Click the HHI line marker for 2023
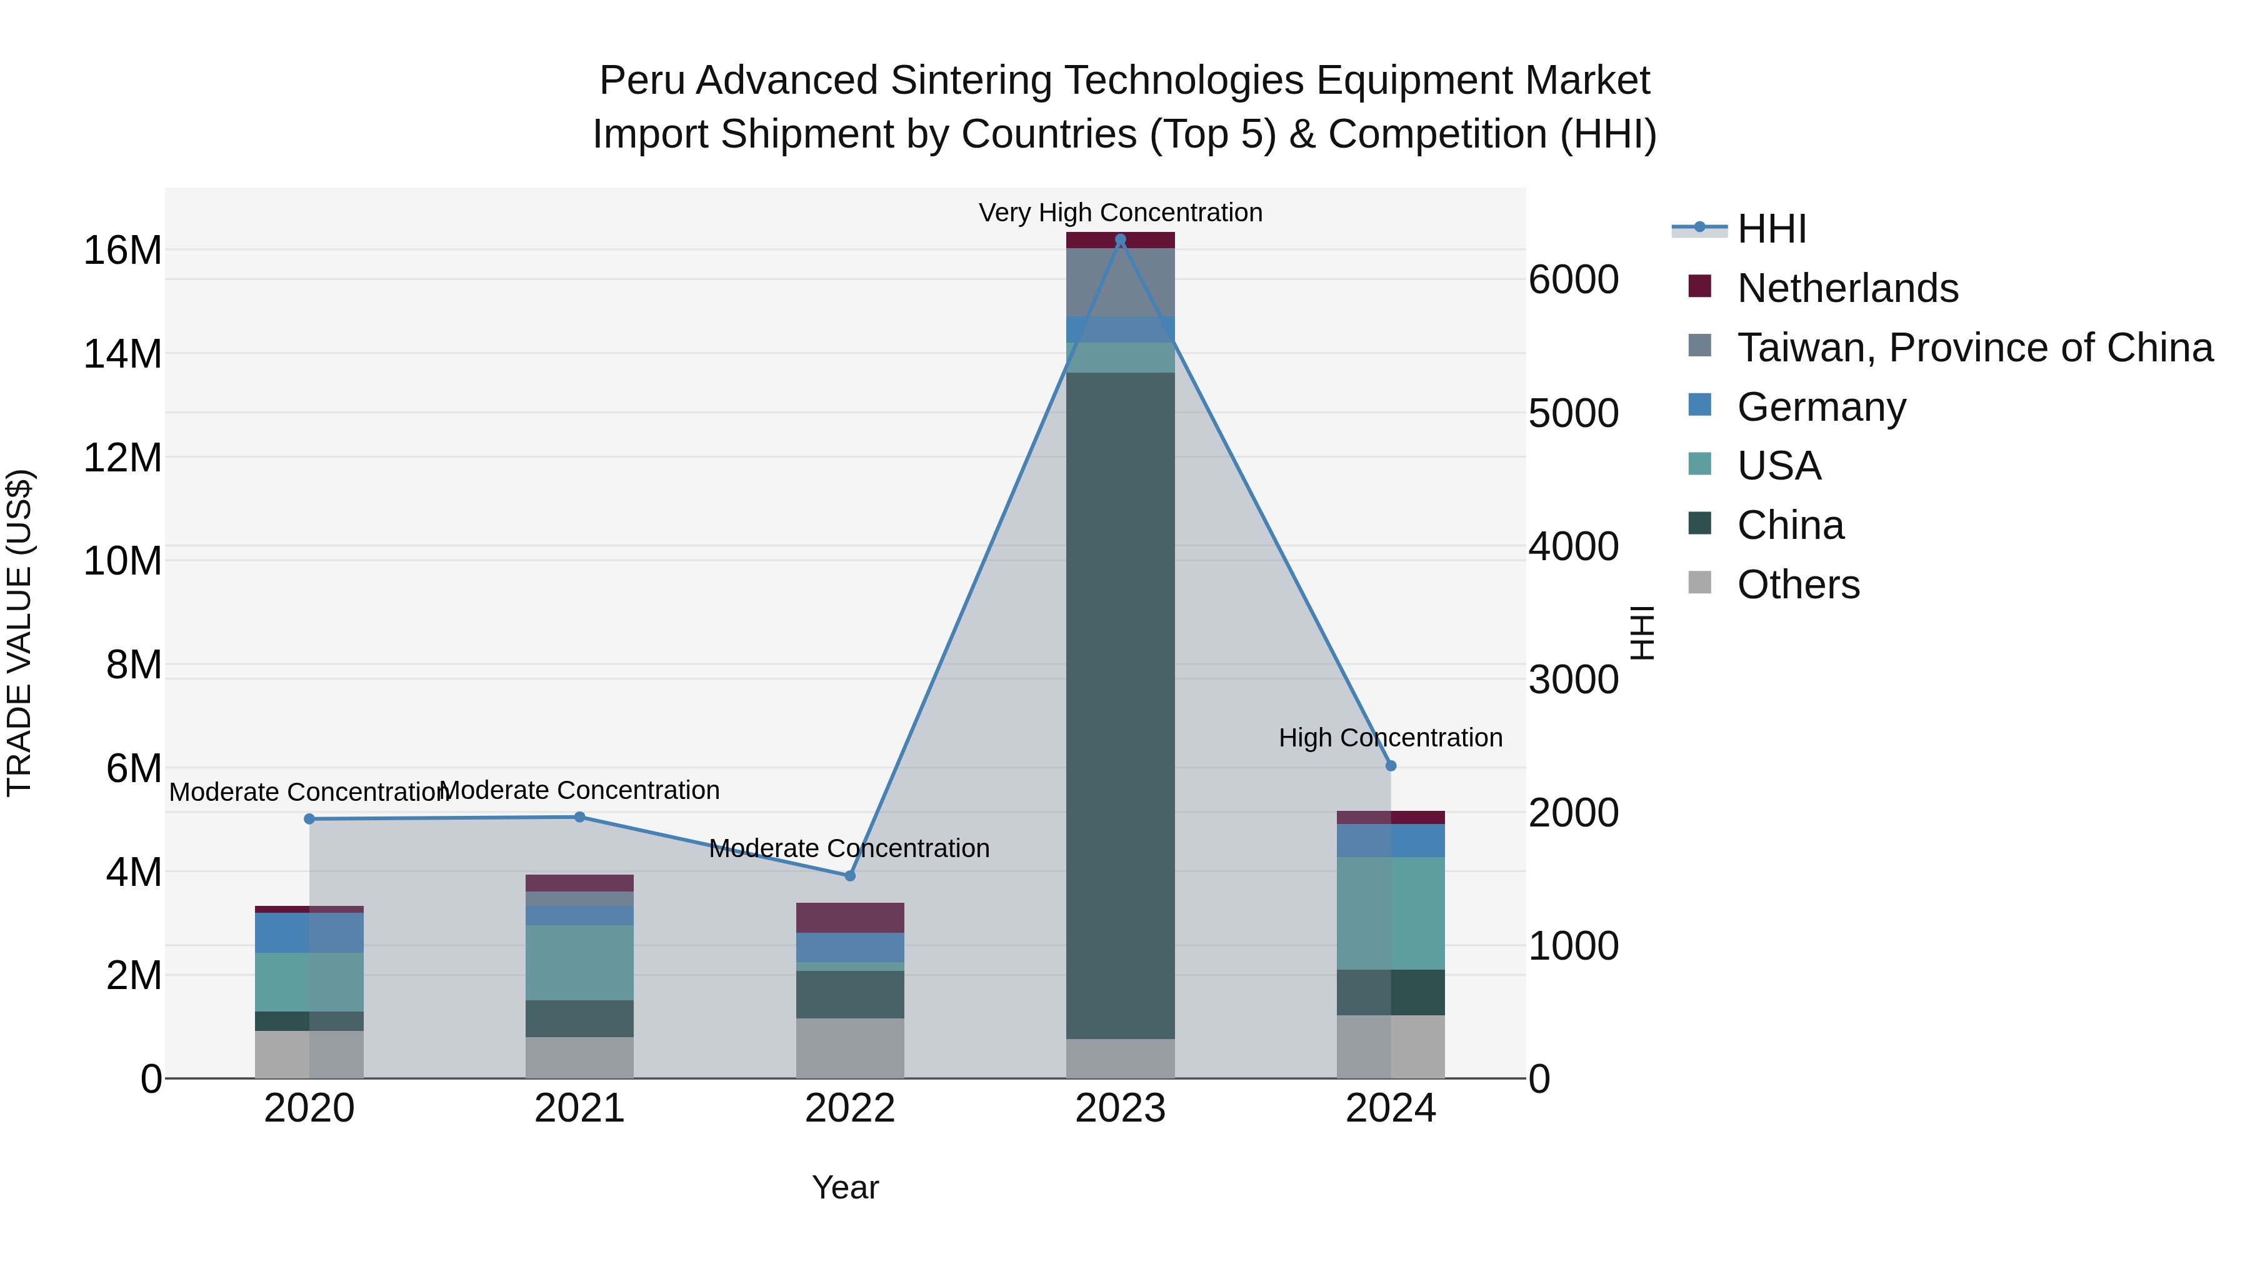pyautogui.click(x=1120, y=239)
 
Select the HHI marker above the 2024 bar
pyautogui.click(x=1391, y=765)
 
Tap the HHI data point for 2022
pyautogui.click(x=850, y=875)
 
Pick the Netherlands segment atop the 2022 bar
pyautogui.click(x=850, y=917)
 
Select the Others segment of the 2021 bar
pyautogui.click(x=579, y=1057)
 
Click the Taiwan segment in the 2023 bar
pyautogui.click(x=1120, y=282)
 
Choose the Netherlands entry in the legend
pyautogui.click(x=1847, y=288)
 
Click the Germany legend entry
pyautogui.click(x=1821, y=407)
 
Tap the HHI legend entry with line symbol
pyautogui.click(x=1771, y=229)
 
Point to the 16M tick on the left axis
pyautogui.click(x=122, y=251)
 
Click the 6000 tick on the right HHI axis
pyautogui.click(x=1573, y=279)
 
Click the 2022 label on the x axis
pyautogui.click(x=850, y=1108)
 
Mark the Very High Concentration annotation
pyautogui.click(x=1120, y=213)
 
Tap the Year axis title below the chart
pyautogui.click(x=844, y=1187)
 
